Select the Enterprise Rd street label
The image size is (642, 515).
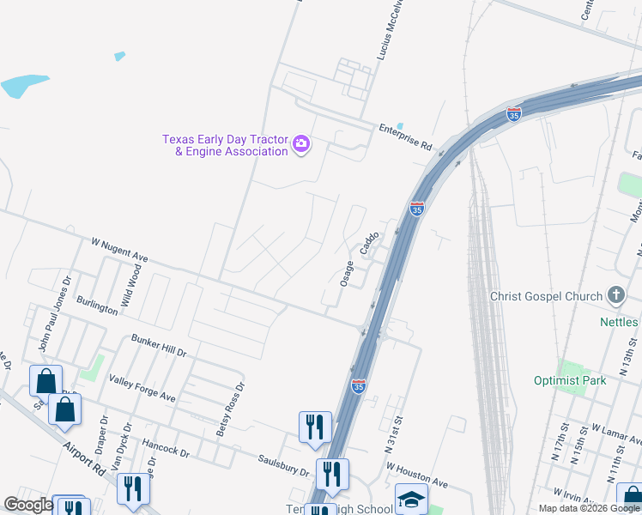pyautogui.click(x=405, y=137)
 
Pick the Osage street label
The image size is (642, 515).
pyautogui.click(x=347, y=274)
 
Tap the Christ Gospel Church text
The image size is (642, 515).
pyautogui.click(x=546, y=296)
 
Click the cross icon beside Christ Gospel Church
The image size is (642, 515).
pyautogui.click(x=615, y=296)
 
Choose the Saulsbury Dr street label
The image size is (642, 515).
pyautogui.click(x=283, y=465)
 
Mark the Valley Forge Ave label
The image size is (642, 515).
pyautogui.click(x=142, y=388)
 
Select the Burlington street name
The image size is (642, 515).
pyautogui.click(x=97, y=304)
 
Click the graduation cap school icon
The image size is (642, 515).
pyautogui.click(x=411, y=499)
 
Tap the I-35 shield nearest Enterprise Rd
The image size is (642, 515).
pyautogui.click(x=513, y=114)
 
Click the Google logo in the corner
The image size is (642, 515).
pyautogui.click(x=29, y=506)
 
